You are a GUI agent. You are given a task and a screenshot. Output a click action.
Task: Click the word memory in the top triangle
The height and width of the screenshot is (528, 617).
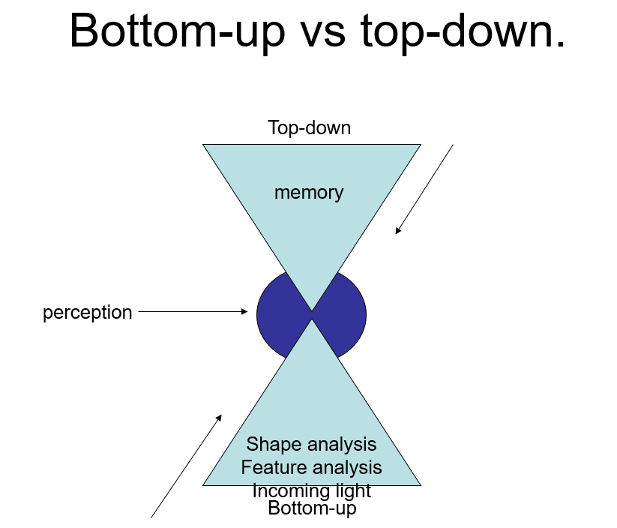[308, 193]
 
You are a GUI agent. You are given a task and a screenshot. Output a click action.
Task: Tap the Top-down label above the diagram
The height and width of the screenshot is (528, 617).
[309, 127]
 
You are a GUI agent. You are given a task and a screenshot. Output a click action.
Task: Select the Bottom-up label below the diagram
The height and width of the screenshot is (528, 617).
[312, 508]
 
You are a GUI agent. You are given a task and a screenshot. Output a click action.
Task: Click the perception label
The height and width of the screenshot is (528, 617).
[87, 312]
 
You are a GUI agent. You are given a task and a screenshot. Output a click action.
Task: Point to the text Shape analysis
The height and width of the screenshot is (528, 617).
[311, 445]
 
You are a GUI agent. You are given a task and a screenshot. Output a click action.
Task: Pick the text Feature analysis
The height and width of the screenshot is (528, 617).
[311, 468]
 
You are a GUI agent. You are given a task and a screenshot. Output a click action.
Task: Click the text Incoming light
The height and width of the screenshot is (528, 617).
[311, 491]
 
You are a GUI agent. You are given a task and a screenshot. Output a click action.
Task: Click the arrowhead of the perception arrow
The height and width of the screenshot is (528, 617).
[244, 311]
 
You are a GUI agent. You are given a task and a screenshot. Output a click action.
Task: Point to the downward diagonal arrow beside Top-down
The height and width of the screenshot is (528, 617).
[424, 189]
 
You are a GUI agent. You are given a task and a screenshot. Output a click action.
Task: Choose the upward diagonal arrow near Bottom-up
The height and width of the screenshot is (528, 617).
[187, 465]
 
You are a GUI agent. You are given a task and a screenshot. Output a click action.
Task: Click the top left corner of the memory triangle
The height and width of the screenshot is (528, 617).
[204, 145]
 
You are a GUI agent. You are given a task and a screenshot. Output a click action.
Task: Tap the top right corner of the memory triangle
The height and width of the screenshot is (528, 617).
[420, 145]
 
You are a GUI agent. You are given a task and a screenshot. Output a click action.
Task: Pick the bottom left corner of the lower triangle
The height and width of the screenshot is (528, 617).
[204, 484]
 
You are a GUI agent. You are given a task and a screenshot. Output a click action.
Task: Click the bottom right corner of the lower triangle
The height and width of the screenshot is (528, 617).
[420, 484]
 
